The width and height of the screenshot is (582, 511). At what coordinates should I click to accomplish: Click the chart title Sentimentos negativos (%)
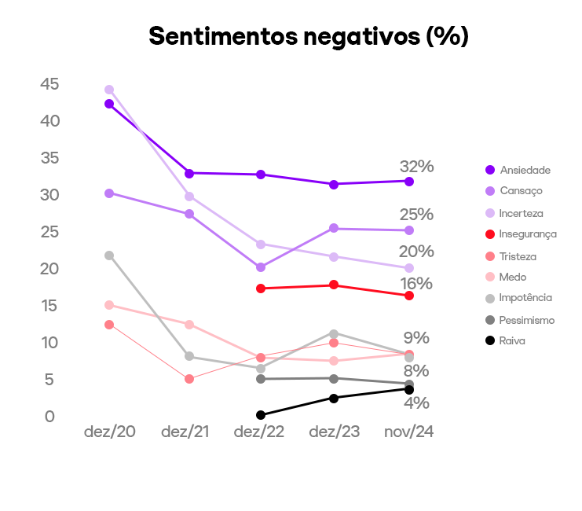click(x=309, y=36)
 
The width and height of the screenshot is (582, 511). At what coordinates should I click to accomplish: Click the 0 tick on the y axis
click(x=49, y=416)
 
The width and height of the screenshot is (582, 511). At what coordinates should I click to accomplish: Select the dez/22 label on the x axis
click(x=261, y=432)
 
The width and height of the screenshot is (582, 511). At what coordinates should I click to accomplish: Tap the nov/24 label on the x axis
click(x=408, y=432)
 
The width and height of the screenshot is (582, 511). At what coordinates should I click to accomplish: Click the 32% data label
click(x=416, y=167)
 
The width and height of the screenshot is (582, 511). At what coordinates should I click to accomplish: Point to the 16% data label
click(x=416, y=284)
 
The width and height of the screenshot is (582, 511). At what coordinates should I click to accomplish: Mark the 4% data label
click(x=416, y=403)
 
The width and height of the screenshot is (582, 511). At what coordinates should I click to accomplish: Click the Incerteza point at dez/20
click(x=109, y=90)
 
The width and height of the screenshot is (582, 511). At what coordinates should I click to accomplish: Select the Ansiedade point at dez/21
click(x=189, y=173)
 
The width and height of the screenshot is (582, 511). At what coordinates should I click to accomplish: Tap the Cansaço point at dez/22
click(x=261, y=267)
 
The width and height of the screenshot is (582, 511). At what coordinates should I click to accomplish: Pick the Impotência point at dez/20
click(x=109, y=256)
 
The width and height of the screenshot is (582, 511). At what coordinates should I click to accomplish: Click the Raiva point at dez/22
click(x=261, y=415)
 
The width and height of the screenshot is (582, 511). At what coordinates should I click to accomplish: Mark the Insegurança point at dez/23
click(x=334, y=285)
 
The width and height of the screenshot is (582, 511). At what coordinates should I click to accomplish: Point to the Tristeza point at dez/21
click(x=189, y=379)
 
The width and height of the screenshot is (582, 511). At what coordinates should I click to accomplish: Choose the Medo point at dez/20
click(x=109, y=305)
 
